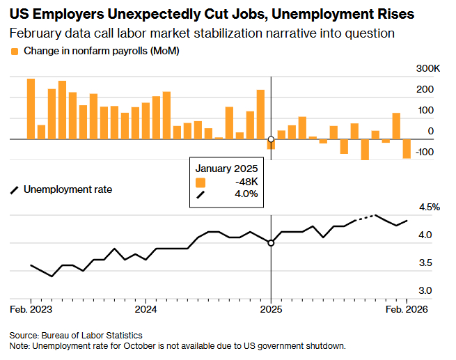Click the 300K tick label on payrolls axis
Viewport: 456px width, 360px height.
click(427, 68)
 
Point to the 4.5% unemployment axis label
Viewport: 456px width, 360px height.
click(428, 208)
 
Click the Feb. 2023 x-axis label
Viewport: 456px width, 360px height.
click(31, 308)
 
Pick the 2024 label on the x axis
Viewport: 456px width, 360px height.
click(146, 308)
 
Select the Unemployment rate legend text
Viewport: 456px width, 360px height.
click(68, 189)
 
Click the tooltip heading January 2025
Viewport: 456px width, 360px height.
click(226, 169)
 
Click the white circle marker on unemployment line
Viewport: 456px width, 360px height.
click(271, 243)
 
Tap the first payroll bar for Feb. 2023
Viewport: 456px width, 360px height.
click(31, 109)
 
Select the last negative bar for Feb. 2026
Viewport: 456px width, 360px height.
click(407, 148)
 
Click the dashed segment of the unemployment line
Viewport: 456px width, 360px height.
click(365, 217)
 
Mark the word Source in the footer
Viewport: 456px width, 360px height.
click(24, 336)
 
